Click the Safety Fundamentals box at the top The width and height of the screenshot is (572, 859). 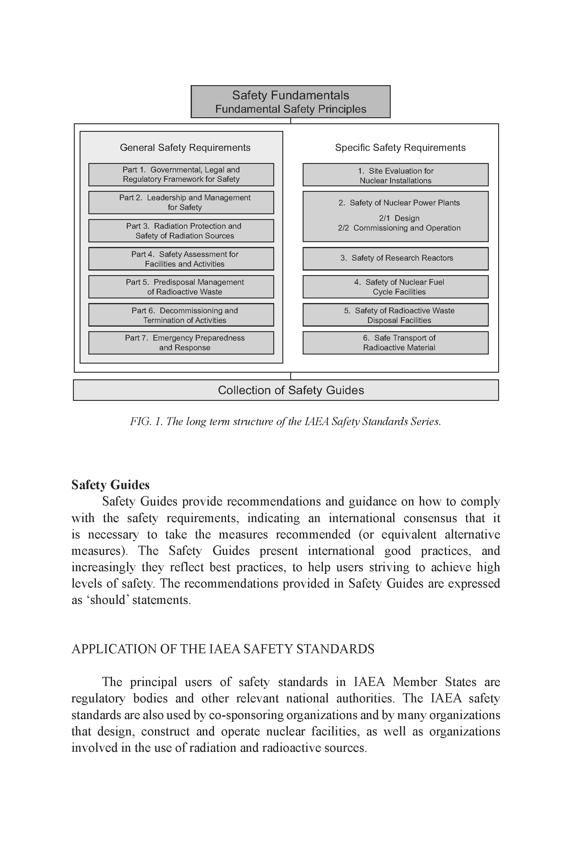tap(290, 102)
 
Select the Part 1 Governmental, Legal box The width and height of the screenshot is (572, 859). tap(181, 175)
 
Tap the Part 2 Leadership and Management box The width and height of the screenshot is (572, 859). tap(181, 202)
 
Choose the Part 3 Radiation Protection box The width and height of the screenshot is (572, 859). tap(181, 231)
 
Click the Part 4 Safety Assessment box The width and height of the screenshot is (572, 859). tap(181, 259)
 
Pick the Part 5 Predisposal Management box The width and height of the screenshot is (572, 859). tap(181, 287)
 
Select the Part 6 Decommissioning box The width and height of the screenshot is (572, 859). tap(181, 315)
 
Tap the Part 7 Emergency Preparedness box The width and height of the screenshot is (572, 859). tap(181, 343)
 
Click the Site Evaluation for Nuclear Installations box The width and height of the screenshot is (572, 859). tap(396, 175)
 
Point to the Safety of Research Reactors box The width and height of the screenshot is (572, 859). tap(396, 258)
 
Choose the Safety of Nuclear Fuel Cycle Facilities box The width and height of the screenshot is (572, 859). tap(396, 287)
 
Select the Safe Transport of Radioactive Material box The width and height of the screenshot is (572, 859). tap(396, 343)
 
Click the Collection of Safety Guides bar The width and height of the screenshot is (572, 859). tap(286, 390)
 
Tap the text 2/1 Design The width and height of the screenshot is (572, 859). tap(399, 218)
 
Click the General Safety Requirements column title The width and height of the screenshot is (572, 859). tap(185, 148)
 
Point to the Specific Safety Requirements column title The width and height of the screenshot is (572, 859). tap(400, 148)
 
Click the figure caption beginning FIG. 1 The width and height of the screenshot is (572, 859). tap(285, 421)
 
